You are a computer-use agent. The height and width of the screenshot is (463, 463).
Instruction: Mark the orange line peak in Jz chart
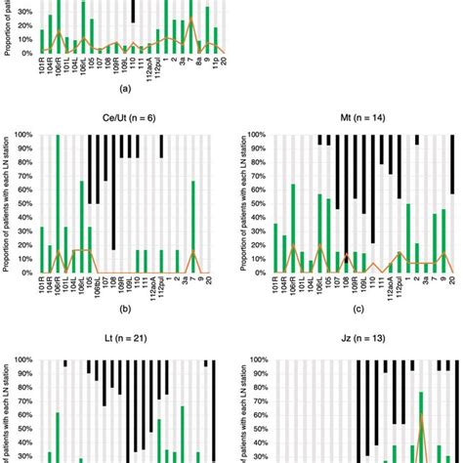tap(421, 416)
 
